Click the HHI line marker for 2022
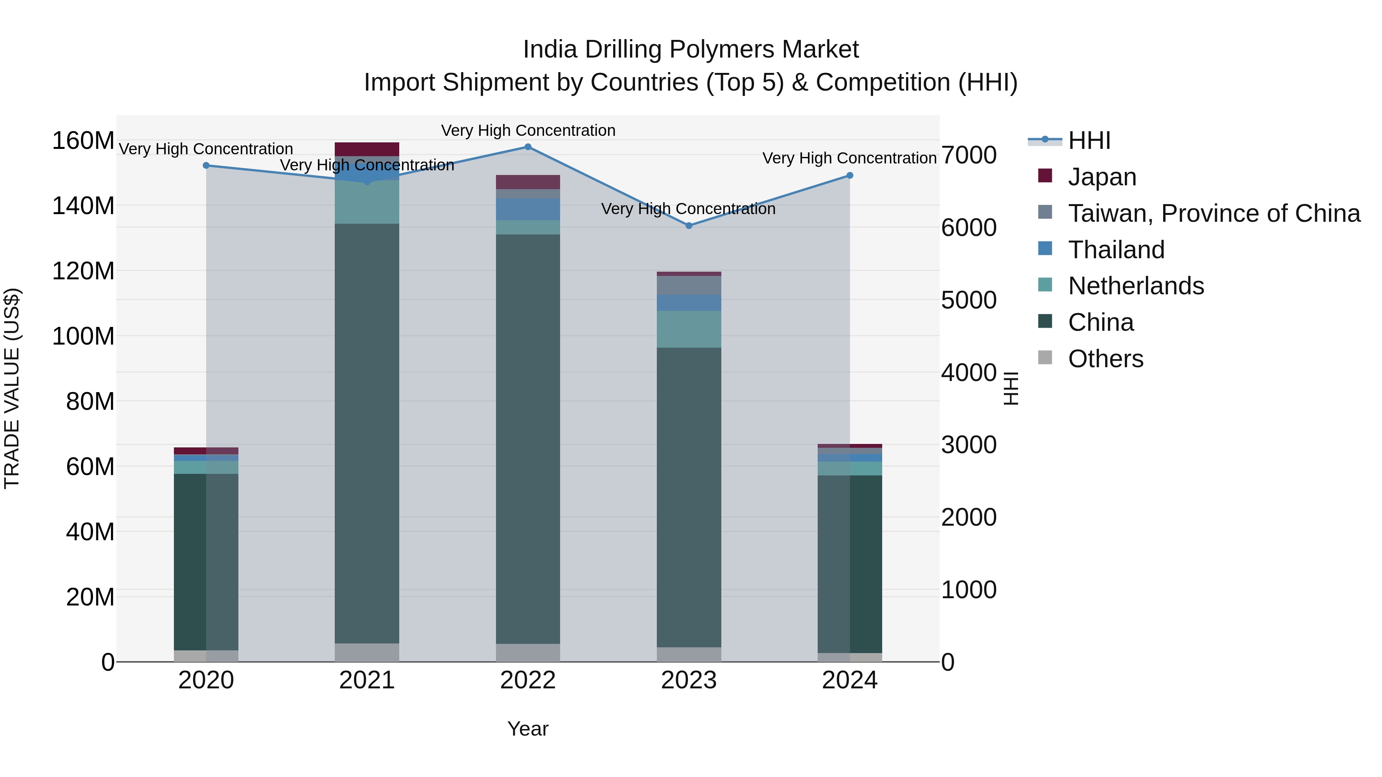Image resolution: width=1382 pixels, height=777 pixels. coord(527,147)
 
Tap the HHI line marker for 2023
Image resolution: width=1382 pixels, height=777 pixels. coord(689,226)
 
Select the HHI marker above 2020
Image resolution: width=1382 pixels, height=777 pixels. coord(206,166)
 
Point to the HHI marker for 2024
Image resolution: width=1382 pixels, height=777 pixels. coord(850,175)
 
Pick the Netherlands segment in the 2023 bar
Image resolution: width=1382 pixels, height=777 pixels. coord(689,329)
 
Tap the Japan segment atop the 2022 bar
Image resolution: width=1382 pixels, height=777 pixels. coord(527,182)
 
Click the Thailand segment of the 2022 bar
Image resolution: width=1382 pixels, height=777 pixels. coord(527,209)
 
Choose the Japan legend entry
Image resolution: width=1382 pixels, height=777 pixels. coord(1101,177)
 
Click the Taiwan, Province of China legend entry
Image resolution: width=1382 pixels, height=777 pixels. coord(1213,213)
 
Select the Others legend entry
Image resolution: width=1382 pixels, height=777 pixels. coord(1105,359)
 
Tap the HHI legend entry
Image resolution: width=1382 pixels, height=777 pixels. coord(1089,140)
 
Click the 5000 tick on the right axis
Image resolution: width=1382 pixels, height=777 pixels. coord(969,300)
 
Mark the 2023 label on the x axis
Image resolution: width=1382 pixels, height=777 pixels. coord(689,680)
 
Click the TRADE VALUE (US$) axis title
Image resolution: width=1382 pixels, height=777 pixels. coord(12,388)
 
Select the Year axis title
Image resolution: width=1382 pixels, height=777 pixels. coord(528,729)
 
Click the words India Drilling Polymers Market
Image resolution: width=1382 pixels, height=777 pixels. coord(691,49)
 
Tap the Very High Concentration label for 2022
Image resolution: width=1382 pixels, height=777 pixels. coord(528,130)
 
